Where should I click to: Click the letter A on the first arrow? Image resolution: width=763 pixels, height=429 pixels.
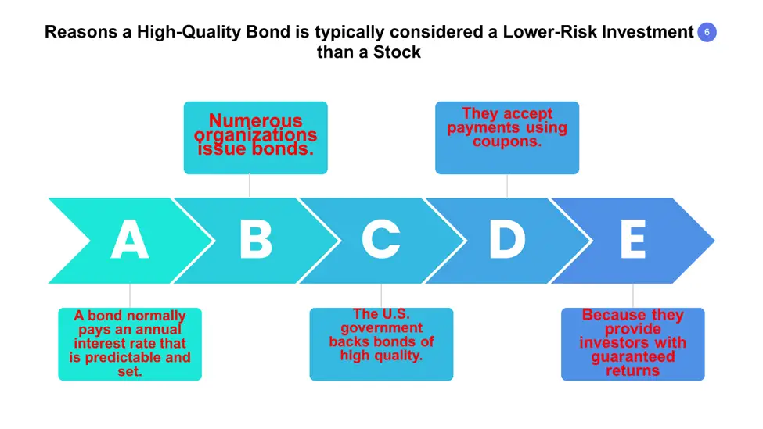click(x=129, y=239)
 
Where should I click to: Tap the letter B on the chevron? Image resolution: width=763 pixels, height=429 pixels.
click(x=256, y=239)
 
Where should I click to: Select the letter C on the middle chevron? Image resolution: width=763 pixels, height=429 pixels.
click(x=381, y=239)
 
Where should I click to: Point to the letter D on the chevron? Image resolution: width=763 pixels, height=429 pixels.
click(x=507, y=239)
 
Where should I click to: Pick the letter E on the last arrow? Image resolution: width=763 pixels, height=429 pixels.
click(x=633, y=239)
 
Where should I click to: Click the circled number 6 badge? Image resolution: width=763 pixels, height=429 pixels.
click(x=707, y=32)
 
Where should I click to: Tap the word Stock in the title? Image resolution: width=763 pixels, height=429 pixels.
click(x=397, y=52)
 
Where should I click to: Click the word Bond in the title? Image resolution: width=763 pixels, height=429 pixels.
click(x=268, y=31)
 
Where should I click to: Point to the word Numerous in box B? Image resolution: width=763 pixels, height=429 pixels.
click(x=255, y=120)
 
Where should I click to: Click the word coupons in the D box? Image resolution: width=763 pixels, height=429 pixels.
click(x=506, y=141)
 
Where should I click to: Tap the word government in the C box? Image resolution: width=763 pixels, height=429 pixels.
click(x=382, y=328)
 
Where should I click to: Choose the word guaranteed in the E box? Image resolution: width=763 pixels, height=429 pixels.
click(x=633, y=357)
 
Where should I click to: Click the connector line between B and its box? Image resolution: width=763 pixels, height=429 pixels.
click(x=249, y=186)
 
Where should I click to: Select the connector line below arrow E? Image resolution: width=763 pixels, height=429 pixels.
click(x=632, y=295)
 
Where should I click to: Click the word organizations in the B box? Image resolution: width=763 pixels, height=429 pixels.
click(x=255, y=134)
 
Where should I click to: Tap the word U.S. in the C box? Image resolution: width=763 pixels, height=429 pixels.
click(x=393, y=314)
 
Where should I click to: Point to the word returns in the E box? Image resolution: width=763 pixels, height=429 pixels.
click(x=632, y=370)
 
